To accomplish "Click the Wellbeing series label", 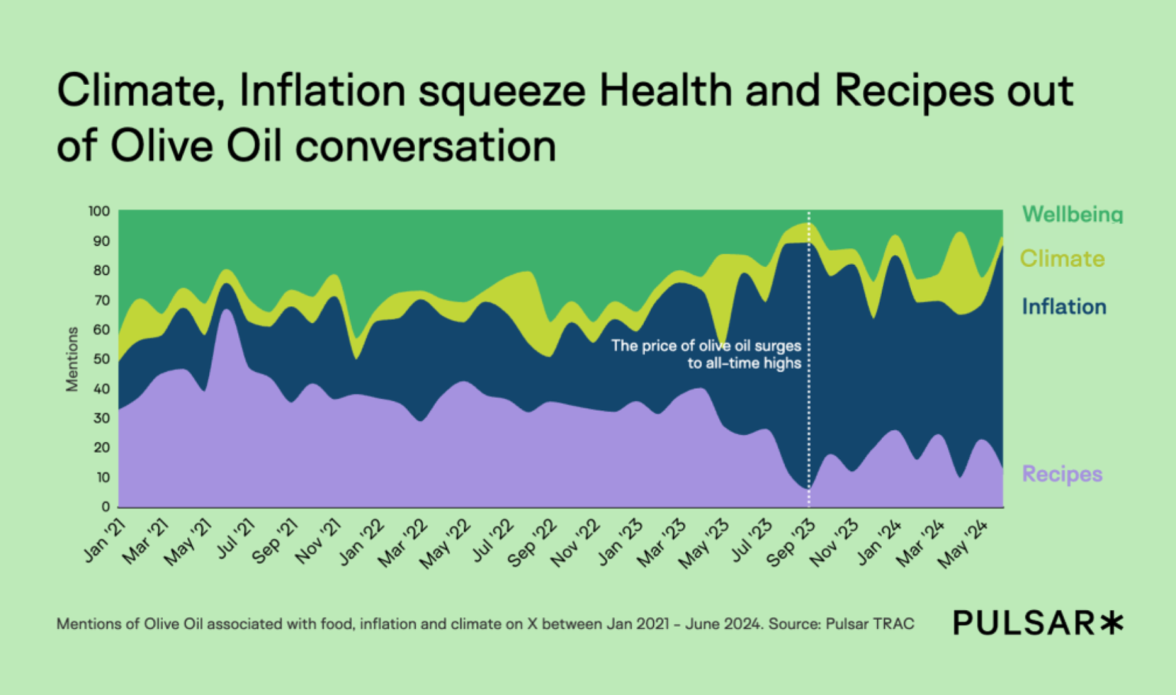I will pyautogui.click(x=1072, y=214).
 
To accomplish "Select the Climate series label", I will pyautogui.click(x=1062, y=259).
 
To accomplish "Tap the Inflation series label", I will pyautogui.click(x=1063, y=307).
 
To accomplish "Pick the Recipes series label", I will pyautogui.click(x=1062, y=474).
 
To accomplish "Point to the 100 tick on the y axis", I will pyautogui.click(x=99, y=211).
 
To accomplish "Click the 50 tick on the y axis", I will pyautogui.click(x=102, y=359).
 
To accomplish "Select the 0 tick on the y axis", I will pyautogui.click(x=106, y=507).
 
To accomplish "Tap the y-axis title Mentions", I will pyautogui.click(x=72, y=359).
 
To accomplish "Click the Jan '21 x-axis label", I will pyautogui.click(x=105, y=540).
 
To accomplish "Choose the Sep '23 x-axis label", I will pyautogui.click(x=792, y=544).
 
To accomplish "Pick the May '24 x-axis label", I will pyautogui.click(x=964, y=544).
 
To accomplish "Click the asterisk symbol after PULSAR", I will pyautogui.click(x=1112, y=623).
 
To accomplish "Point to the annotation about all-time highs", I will pyautogui.click(x=706, y=354).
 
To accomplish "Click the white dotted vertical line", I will pyautogui.click(x=808, y=429).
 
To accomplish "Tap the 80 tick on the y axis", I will pyautogui.click(x=102, y=270).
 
